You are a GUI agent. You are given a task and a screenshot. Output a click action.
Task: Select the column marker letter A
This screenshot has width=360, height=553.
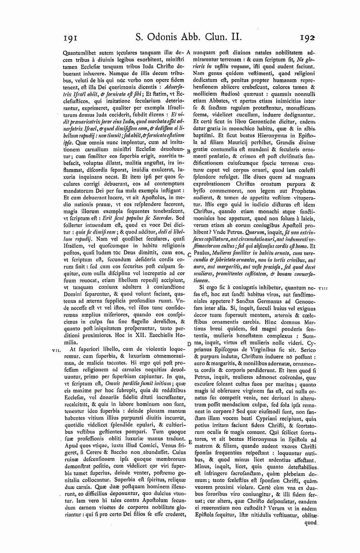coord(188,52)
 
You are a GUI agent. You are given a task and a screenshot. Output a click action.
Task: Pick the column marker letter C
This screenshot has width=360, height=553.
coord(189,254)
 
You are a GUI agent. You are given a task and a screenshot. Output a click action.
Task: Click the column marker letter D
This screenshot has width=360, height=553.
coord(189,344)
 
